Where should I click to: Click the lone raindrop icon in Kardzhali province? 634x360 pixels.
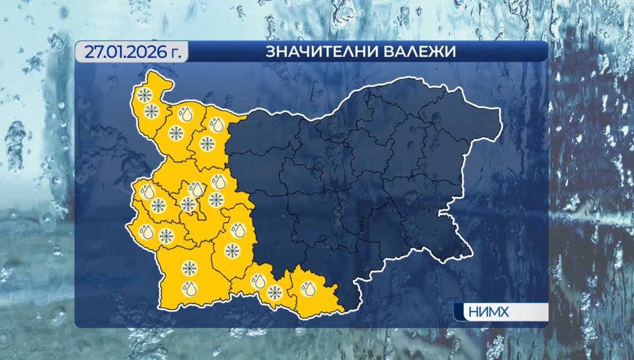tap(310, 287)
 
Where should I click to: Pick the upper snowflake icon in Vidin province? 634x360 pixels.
tap(144, 94)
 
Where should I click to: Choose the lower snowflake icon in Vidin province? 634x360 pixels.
tap(152, 111)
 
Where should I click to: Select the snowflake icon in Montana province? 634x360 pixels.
tap(175, 134)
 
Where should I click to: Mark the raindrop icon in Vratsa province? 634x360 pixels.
tap(217, 124)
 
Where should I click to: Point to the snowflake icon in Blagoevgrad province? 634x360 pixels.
tap(188, 267)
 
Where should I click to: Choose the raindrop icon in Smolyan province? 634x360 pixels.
tap(258, 282)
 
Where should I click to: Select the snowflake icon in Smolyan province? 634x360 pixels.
tap(274, 293)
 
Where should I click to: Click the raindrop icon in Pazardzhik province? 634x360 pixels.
tap(237, 230)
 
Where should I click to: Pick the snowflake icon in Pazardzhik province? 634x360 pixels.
tap(232, 251)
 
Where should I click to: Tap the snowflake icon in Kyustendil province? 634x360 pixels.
tap(166, 236)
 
